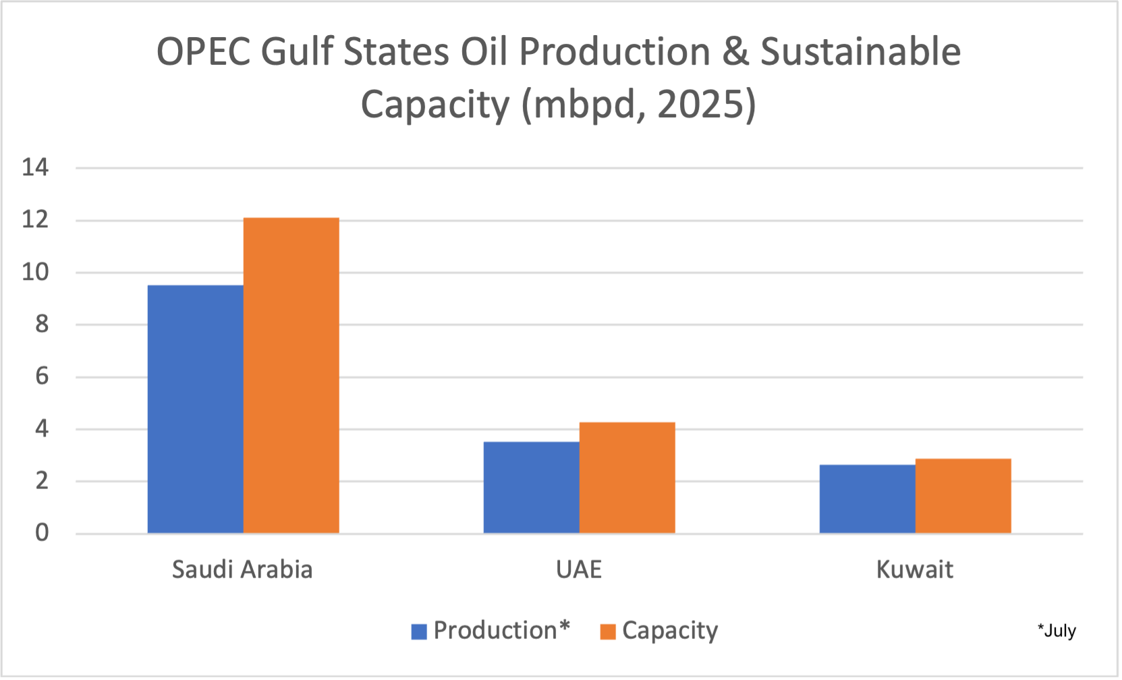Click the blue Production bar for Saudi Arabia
coord(195,409)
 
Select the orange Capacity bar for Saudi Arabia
coord(291,376)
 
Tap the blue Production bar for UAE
coord(531,487)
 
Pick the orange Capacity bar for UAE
coord(627,478)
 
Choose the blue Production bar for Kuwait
coord(867,499)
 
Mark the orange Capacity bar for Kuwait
coord(963,496)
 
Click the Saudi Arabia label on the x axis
coord(242,569)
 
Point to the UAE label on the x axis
coord(579,569)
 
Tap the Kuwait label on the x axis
coord(914,569)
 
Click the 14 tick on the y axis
coord(35,167)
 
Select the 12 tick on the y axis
coord(35,220)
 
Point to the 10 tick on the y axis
coord(35,273)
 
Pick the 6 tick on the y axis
coord(42,376)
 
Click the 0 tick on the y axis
coord(42,533)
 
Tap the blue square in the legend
coord(419,631)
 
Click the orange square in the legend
coord(608,631)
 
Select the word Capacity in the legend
coord(670,631)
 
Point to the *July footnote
coord(1057,631)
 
